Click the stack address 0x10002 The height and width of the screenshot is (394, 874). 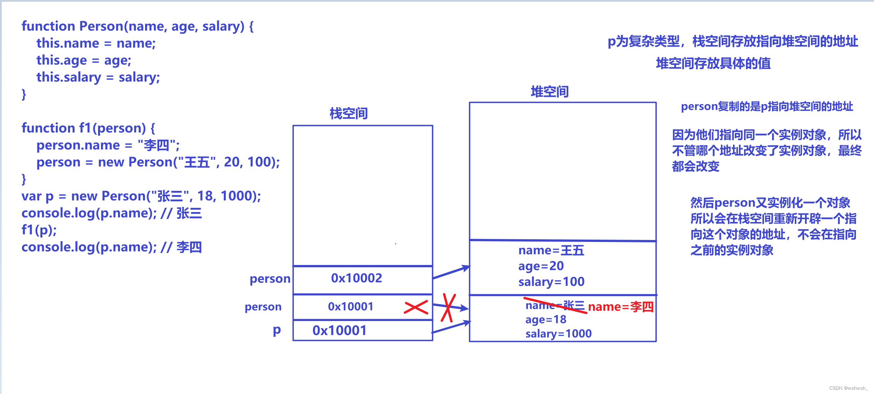point(356,278)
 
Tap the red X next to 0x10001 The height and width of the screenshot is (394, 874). point(416,307)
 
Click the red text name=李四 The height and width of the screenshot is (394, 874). point(621,307)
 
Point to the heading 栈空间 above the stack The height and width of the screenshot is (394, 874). point(348,114)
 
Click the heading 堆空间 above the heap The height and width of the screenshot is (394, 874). point(549,92)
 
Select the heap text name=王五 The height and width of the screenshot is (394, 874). point(551,250)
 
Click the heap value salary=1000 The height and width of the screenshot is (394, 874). point(558,334)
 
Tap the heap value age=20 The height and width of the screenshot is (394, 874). point(541,266)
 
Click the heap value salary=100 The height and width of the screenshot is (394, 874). point(551,282)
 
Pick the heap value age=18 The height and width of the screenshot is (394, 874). point(546,320)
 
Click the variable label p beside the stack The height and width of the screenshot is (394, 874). point(277,330)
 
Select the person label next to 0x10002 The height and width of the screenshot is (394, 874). point(270,278)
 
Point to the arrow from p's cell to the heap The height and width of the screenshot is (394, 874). point(451,327)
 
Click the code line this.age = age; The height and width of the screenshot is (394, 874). point(84,60)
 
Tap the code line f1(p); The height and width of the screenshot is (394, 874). point(39,230)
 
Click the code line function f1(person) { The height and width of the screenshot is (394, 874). point(88,128)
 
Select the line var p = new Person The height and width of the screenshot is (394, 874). point(141,196)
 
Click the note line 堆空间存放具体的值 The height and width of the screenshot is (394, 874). point(713,63)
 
